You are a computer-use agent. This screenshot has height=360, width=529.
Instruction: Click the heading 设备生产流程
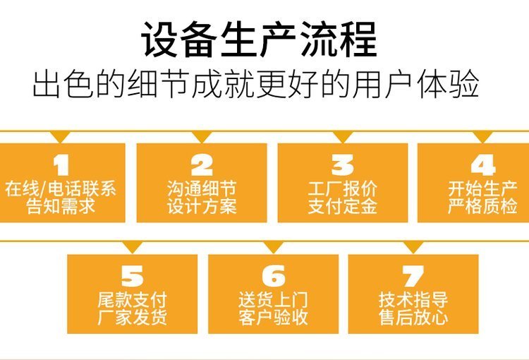(259, 39)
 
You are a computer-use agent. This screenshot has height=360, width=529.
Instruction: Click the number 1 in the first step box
(61, 165)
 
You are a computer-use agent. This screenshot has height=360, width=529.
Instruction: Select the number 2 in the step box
(202, 165)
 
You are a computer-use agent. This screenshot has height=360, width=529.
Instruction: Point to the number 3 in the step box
(343, 165)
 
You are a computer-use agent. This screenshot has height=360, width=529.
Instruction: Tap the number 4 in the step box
(483, 165)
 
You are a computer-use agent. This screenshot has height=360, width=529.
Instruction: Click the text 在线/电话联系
(61, 189)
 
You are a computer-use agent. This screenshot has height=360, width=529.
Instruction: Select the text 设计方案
(202, 207)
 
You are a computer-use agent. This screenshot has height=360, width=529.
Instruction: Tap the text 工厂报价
(343, 189)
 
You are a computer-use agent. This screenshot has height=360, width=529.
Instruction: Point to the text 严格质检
(483, 207)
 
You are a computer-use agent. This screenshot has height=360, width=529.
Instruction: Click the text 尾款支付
(132, 299)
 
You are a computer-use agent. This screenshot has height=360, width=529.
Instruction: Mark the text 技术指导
(413, 299)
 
